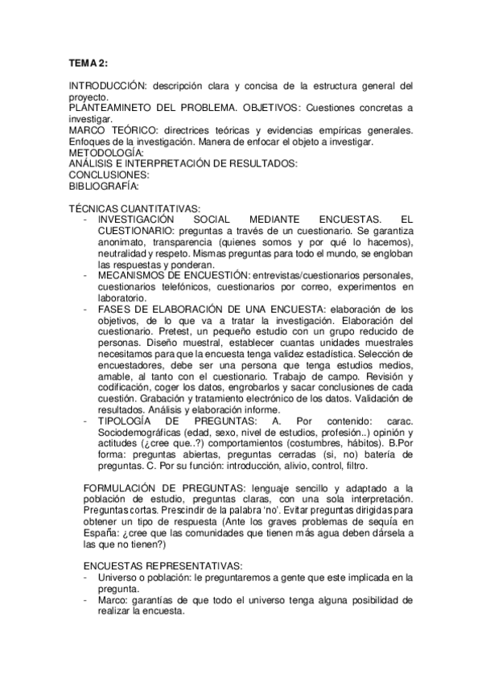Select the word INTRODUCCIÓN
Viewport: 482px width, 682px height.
[x=106, y=85]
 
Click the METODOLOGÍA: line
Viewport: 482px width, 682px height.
[x=106, y=153]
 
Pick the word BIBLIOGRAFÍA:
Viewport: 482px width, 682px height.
[x=105, y=186]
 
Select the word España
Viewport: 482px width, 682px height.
[x=102, y=533]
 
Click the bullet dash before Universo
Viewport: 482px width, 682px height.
[x=86, y=577]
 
